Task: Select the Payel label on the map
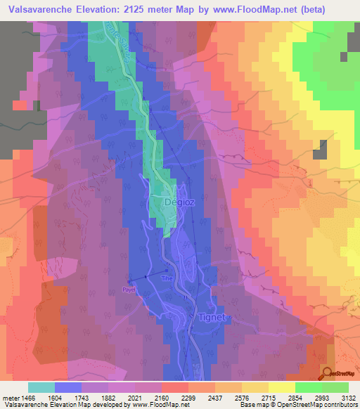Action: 128,289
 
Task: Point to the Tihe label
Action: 167,278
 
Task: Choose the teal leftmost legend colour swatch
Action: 41,387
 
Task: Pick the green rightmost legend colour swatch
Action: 335,387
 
